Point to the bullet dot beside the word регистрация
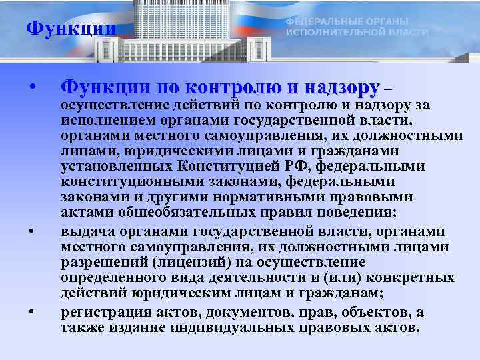click(x=31, y=312)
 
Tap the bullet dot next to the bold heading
click(x=31, y=87)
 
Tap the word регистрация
click(x=103, y=313)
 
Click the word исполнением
click(x=101, y=120)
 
